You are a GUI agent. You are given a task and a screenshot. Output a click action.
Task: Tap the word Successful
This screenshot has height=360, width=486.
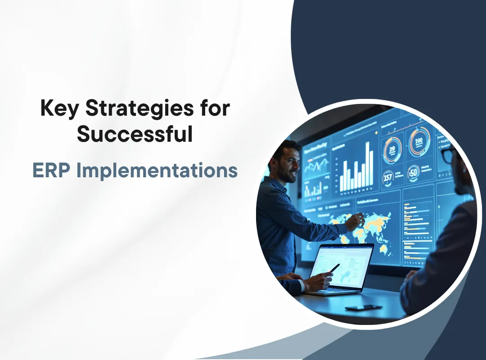pos(135,135)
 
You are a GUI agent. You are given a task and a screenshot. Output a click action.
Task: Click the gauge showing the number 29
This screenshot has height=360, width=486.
pos(392,150)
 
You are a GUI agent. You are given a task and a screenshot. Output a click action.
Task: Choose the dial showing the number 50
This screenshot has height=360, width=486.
pos(413,172)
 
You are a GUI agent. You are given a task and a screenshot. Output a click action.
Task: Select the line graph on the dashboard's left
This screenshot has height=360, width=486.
pos(315,166)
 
